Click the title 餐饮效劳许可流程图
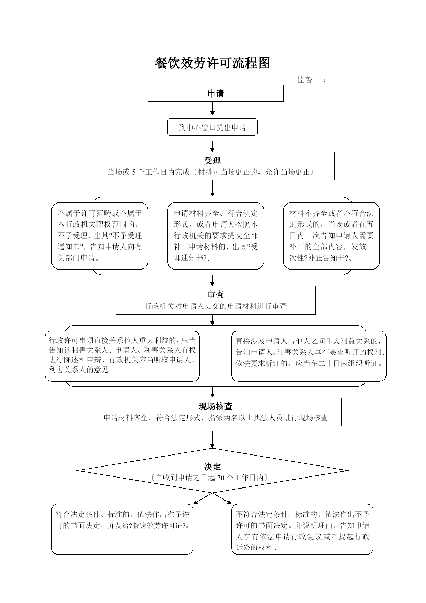coord(212,63)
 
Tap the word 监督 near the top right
coord(305,80)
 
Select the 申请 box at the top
coord(216,94)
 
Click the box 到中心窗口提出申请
coord(212,128)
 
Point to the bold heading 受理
coord(212,161)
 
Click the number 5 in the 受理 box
coord(134,172)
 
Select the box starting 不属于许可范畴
coord(100,236)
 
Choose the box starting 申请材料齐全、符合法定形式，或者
coord(216,236)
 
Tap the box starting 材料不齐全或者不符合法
coord(331,236)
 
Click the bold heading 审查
coord(216,295)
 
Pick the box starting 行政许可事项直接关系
coord(122,356)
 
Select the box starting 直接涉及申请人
coord(309,356)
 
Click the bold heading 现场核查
coord(216,406)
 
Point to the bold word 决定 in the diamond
coord(212,467)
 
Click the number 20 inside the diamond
coord(221,478)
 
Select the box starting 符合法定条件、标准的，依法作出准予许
coord(122,529)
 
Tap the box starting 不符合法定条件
coord(302,529)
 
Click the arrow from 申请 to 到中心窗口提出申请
coord(212,109)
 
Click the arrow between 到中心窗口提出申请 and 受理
coord(212,146)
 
